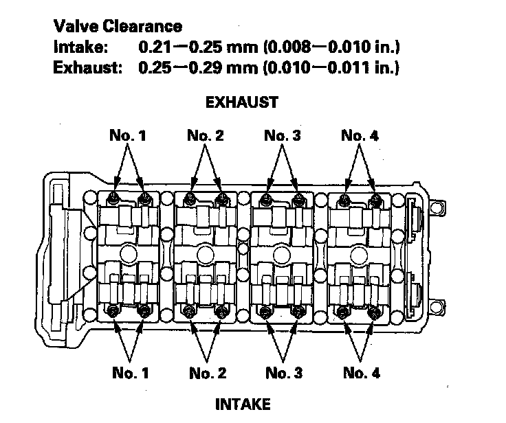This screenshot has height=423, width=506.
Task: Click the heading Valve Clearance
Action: [118, 27]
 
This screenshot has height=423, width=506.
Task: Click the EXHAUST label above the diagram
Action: [242, 103]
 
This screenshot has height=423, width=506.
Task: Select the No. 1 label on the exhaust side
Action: [128, 136]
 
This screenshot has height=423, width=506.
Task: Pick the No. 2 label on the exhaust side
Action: [205, 136]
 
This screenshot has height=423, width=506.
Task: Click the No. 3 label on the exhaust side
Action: [282, 136]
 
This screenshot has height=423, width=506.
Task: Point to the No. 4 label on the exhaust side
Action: [360, 136]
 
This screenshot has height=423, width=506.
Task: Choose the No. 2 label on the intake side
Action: [208, 374]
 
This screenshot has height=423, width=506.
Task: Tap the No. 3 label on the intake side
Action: [283, 374]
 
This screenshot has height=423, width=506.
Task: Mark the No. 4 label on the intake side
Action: [361, 374]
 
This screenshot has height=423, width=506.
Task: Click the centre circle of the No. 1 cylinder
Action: [128, 255]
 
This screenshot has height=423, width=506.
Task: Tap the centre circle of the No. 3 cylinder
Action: [281, 255]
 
